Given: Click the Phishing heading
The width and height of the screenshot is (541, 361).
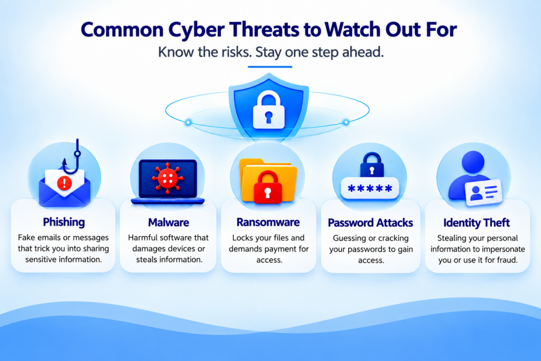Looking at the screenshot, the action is [64, 223].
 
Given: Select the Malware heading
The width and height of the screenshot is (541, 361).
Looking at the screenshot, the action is [169, 223].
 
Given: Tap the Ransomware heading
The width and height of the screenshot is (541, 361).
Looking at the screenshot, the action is [268, 223].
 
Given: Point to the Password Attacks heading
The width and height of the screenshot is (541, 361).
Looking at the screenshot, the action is [370, 223].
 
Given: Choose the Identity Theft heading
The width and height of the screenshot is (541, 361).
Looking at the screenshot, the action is [477, 223].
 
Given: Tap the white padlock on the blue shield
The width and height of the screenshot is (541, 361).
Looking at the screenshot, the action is [269, 110].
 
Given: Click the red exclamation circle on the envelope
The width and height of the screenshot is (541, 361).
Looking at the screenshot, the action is [64, 182].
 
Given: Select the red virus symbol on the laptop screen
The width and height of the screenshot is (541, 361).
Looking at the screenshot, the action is [167, 178].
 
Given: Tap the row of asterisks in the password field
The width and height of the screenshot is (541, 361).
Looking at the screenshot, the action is [370, 189].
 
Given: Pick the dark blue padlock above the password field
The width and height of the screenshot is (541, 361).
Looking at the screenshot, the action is [372, 164].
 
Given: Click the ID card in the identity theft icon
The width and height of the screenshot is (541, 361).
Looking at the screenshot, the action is [483, 192].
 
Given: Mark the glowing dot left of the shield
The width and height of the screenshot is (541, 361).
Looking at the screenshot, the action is [189, 122].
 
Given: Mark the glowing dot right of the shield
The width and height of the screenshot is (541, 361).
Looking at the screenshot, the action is [346, 122].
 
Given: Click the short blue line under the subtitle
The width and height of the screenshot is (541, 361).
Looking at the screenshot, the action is [270, 67].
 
